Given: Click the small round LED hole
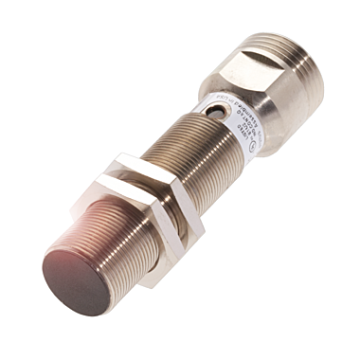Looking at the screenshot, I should (221, 112).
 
